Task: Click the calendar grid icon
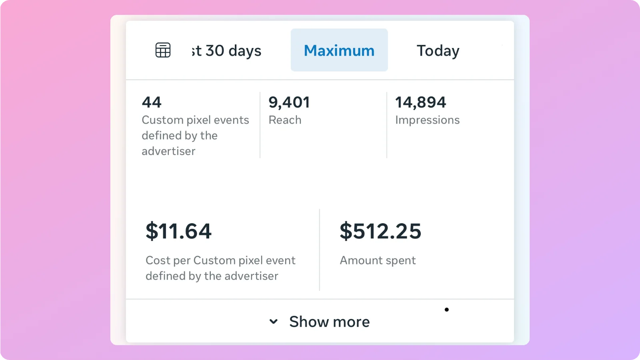(163, 50)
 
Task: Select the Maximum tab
(339, 50)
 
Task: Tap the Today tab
(438, 51)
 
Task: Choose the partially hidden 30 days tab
(226, 51)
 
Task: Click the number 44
(152, 102)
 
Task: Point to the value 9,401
(289, 102)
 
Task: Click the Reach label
(285, 120)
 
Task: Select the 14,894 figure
(420, 102)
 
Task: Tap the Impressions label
(427, 120)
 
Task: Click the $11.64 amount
(178, 231)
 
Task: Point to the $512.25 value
(380, 231)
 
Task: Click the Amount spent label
(378, 260)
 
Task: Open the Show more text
(329, 322)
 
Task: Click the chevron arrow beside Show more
(274, 321)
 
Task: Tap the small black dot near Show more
(447, 310)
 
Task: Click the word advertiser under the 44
(168, 151)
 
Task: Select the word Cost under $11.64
(158, 260)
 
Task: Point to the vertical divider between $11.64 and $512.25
(320, 250)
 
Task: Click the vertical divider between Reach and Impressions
(387, 125)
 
